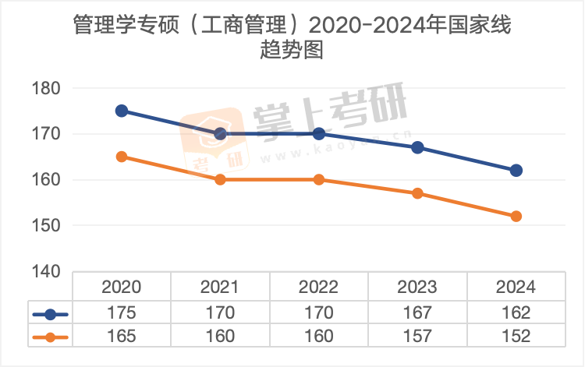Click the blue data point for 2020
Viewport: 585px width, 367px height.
[122, 111]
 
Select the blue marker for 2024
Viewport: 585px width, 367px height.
[516, 170]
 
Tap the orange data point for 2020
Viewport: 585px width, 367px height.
[122, 157]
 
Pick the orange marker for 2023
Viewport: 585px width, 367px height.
[417, 193]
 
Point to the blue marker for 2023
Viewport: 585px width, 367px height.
[417, 147]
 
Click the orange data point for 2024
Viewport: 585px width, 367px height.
[516, 216]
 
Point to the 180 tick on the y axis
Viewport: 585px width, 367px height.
[46, 88]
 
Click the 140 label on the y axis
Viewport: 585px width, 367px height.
[46, 271]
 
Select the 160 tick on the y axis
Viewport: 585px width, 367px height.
[46, 180]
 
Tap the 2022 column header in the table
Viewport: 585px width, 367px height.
[318, 287]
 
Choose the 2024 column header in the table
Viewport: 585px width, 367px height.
[516, 287]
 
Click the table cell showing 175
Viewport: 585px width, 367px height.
[122, 313]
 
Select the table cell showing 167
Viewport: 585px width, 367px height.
[417, 313]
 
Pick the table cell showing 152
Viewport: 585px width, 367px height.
[516, 337]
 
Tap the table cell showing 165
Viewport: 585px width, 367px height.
[122, 337]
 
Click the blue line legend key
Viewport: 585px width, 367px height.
[51, 314]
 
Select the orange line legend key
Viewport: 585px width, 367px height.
[51, 337]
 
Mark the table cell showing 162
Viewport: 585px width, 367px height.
[516, 313]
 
